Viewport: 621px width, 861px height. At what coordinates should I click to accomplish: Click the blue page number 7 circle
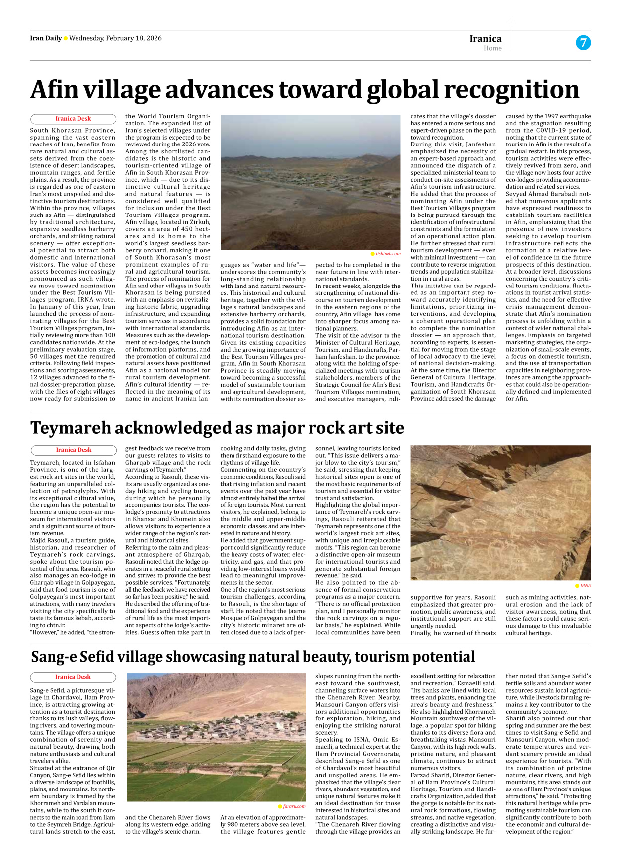583,43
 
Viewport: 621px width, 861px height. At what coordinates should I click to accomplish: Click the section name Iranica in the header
485,39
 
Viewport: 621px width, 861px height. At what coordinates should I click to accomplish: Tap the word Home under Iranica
492,48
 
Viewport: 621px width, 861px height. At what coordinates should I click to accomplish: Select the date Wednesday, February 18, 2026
115,38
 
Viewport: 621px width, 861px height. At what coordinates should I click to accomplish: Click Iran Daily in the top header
46,38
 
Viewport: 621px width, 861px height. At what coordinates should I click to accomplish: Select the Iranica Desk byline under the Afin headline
73,119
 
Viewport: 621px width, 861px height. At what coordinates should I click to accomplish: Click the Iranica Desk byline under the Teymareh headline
74,450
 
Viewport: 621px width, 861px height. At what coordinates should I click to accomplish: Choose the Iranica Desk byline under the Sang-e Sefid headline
73,677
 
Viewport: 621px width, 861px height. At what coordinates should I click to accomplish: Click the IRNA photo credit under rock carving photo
585,586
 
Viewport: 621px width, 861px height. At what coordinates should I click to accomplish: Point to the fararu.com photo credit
294,806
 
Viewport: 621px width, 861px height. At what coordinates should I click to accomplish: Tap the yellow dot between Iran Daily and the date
65,39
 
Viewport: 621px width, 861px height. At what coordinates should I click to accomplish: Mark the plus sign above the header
511,22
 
